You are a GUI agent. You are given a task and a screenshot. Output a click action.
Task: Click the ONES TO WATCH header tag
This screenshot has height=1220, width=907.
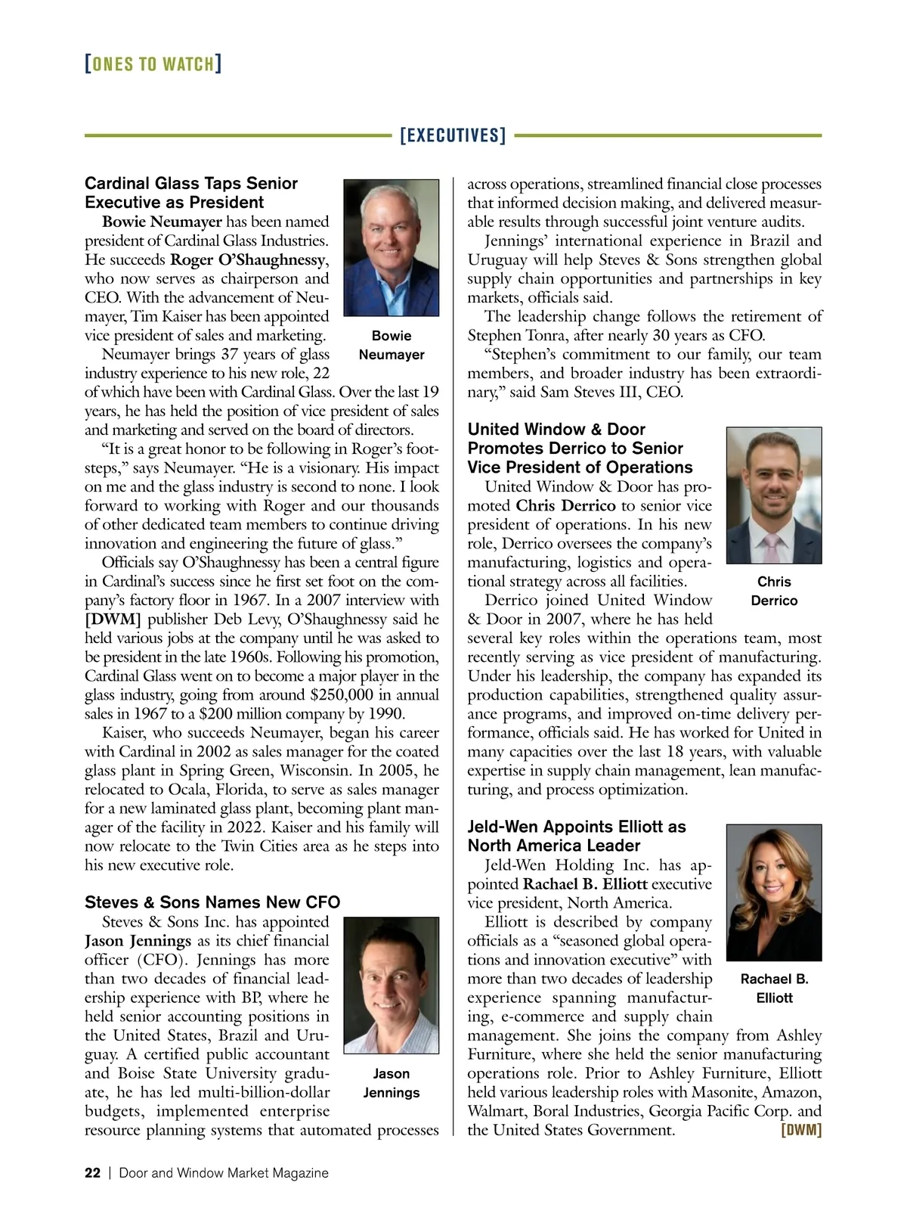[153, 64]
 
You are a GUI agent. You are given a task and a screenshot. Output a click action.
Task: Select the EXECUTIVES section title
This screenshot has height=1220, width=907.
[452, 136]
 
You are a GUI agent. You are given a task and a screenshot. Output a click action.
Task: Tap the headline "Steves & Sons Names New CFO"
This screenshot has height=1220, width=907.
[212, 902]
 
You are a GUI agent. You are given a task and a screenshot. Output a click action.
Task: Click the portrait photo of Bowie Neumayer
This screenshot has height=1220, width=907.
[391, 247]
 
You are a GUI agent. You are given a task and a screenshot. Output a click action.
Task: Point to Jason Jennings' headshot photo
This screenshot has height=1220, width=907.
[391, 985]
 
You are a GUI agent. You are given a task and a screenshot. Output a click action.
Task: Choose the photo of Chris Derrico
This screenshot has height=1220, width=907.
[773, 495]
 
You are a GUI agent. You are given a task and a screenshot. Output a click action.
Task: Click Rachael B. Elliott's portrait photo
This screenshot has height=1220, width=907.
[773, 892]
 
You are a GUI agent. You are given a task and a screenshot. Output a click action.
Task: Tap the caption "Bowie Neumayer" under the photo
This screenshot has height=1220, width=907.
[391, 345]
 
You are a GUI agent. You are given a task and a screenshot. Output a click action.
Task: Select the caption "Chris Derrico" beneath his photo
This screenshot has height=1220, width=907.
[774, 591]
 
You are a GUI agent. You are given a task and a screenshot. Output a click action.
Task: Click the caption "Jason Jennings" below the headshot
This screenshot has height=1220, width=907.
[391, 1083]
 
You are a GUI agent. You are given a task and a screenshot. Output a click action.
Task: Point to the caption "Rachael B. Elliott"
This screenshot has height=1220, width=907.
[774, 988]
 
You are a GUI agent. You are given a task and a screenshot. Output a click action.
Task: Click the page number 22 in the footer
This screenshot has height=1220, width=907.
[92, 1173]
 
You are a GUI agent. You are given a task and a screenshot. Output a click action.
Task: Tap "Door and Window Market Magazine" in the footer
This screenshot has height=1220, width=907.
[224, 1173]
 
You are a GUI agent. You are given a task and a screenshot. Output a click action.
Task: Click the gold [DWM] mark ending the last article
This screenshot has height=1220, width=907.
[800, 1131]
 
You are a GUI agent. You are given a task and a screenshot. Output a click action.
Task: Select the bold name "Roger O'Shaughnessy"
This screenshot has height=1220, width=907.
[248, 260]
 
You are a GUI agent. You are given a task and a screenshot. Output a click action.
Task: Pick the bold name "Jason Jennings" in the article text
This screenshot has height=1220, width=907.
[138, 941]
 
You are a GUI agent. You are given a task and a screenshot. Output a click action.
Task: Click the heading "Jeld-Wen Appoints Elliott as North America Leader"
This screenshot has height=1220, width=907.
[577, 836]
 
